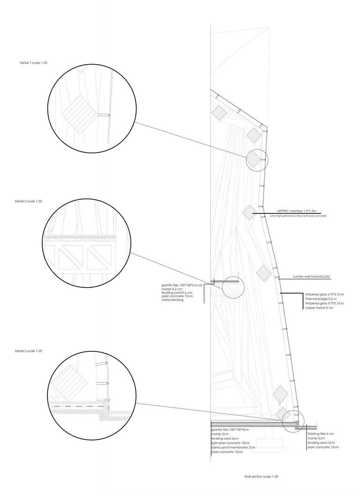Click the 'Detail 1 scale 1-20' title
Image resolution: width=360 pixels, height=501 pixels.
[33, 63]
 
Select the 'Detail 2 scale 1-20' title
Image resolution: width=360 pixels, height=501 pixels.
[29, 201]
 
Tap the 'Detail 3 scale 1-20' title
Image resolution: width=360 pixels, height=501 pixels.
[29, 351]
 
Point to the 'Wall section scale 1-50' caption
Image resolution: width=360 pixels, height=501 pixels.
[261, 477]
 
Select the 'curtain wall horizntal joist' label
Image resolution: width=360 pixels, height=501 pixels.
[311, 277]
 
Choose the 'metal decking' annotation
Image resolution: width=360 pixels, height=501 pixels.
[172, 300]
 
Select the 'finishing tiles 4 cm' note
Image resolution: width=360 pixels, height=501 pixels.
[321, 433]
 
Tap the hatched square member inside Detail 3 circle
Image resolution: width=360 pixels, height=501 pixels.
[69, 382]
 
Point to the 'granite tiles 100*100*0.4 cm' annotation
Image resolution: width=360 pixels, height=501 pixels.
[182, 285]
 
